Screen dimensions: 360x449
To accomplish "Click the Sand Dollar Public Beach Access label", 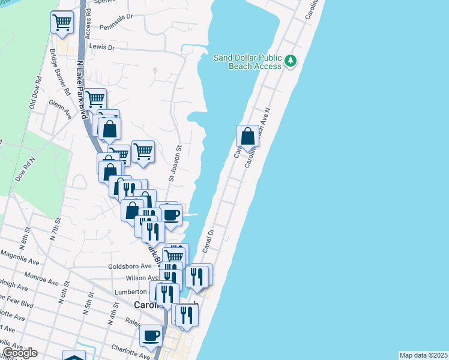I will coord(248,62).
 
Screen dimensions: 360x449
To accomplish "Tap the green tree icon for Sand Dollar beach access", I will coord(291,60).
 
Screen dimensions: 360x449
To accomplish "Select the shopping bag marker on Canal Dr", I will coord(247,137).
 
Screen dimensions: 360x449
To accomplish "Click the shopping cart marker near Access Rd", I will coord(62,23).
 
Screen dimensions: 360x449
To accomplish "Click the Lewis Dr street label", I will coord(101,46).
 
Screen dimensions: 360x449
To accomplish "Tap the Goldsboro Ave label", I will coord(130,266).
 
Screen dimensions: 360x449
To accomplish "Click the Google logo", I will coord(20,353).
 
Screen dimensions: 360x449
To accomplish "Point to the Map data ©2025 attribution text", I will coord(423,355).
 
